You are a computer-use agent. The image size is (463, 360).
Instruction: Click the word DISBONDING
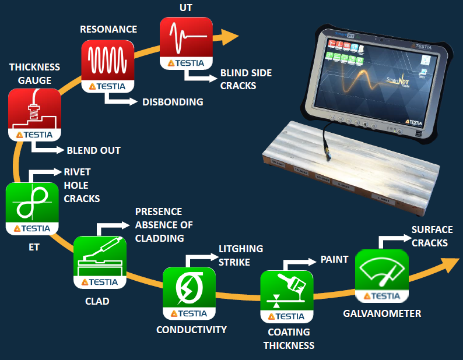173,102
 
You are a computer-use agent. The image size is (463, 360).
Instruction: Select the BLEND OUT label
93,150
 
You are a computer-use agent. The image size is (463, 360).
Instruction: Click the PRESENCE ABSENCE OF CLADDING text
164,224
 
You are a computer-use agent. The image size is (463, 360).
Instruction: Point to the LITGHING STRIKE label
241,255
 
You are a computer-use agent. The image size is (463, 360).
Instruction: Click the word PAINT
334,259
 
